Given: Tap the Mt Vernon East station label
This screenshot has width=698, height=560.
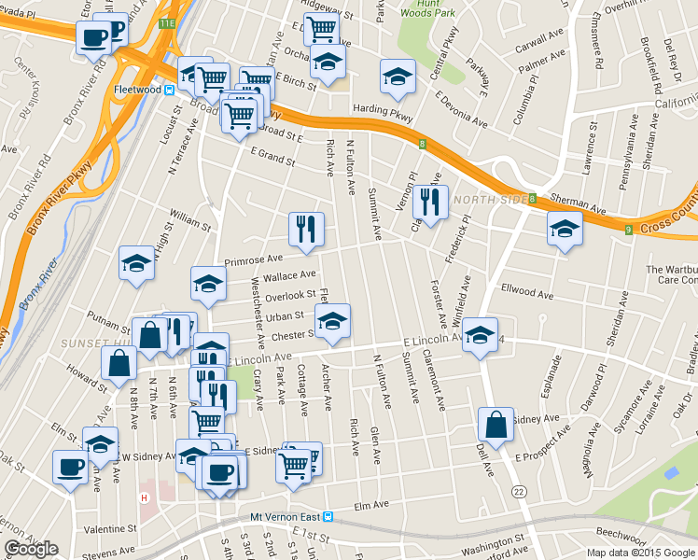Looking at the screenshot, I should (x=284, y=516).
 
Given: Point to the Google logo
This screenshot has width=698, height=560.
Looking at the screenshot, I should (x=31, y=549).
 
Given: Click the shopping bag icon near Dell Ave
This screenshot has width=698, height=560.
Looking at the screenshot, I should (x=496, y=424).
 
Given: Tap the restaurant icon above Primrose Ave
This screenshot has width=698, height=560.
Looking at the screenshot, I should (x=306, y=227).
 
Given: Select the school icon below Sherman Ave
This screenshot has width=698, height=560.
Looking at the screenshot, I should (x=565, y=228).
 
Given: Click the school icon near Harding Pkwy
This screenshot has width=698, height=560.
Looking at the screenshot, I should (x=398, y=77).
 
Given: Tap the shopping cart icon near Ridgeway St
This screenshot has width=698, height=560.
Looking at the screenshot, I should (x=321, y=29).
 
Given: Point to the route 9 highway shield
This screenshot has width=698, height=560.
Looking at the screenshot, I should (x=629, y=229).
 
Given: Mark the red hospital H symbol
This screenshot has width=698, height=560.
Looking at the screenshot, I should (x=144, y=497).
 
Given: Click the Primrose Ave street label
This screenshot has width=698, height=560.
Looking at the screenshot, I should (x=253, y=259).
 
